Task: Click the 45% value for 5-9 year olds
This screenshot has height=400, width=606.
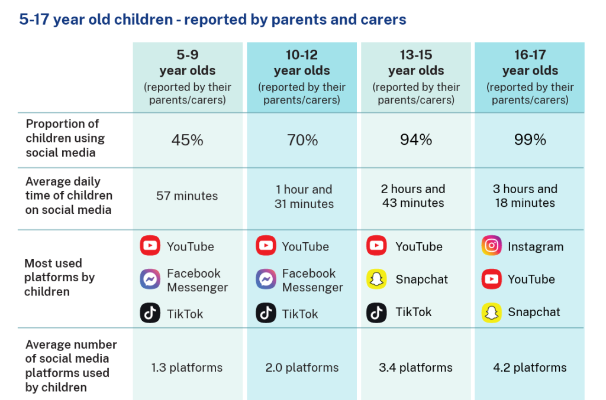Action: (187, 140)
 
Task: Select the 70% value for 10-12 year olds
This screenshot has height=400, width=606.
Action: (302, 140)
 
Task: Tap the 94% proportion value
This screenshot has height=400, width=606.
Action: (416, 139)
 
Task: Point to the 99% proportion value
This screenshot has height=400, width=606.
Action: (530, 139)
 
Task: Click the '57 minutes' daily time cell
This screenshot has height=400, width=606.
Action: (187, 196)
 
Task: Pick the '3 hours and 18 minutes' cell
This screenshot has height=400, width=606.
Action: (525, 196)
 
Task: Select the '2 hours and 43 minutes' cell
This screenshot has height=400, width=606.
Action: (413, 196)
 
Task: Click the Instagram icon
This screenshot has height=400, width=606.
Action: (491, 246)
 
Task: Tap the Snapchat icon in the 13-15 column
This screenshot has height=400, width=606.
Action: (376, 279)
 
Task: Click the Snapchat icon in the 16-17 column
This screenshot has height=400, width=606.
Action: (491, 313)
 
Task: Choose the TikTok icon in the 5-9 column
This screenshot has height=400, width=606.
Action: (150, 313)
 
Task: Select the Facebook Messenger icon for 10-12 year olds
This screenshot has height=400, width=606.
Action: (266, 279)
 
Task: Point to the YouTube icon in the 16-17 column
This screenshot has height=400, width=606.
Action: (491, 279)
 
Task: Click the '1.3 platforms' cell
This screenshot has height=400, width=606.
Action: (187, 368)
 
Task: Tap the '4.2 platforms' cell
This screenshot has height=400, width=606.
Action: (530, 368)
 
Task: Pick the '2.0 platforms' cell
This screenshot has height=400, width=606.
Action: (302, 368)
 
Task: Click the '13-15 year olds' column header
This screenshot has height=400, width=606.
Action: (416, 63)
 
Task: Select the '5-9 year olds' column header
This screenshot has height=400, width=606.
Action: (187, 63)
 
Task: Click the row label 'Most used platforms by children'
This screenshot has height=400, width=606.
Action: (59, 277)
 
